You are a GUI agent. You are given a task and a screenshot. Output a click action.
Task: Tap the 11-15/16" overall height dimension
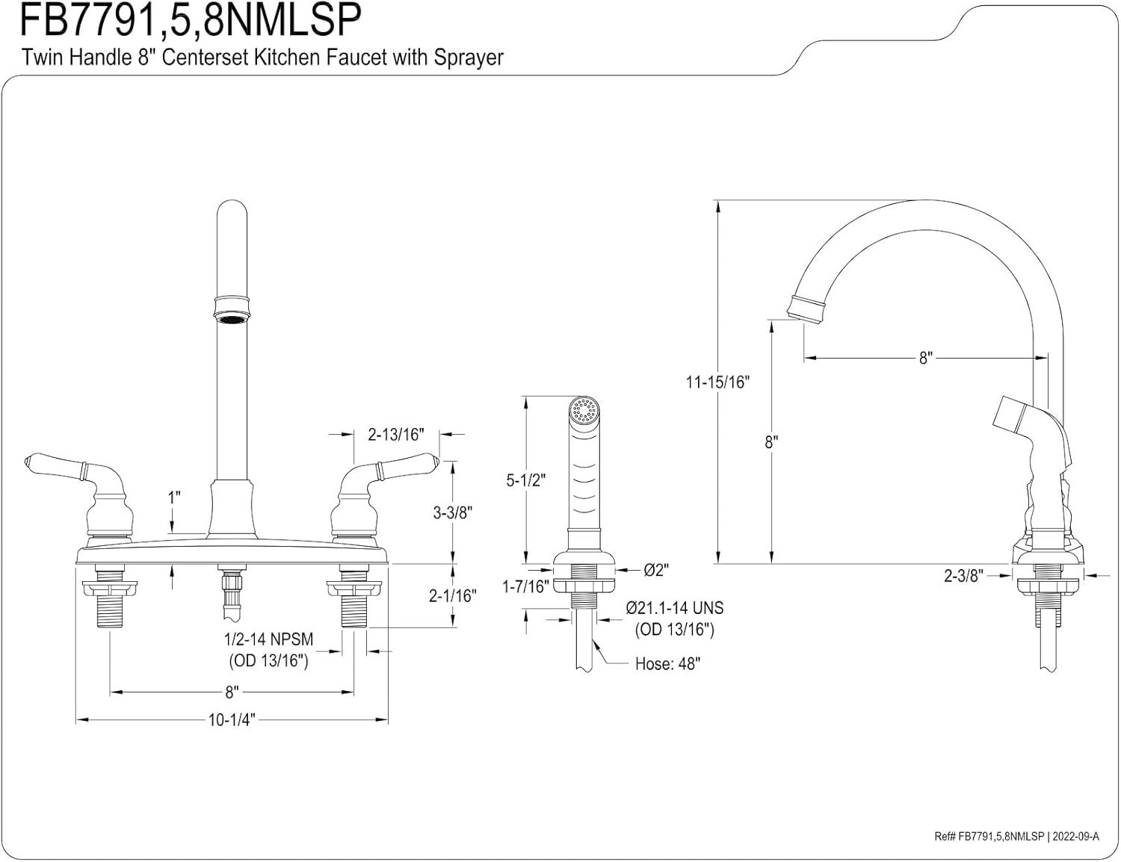717,382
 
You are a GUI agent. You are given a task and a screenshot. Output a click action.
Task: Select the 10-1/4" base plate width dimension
232,720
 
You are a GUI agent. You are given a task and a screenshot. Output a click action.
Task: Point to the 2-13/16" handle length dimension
396,434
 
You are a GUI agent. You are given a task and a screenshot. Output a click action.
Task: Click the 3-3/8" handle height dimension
453,512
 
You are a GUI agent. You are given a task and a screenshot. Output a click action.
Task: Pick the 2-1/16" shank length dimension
453,595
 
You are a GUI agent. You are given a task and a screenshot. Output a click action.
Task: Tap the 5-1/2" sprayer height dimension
526,480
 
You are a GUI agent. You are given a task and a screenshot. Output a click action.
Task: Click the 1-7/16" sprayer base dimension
526,587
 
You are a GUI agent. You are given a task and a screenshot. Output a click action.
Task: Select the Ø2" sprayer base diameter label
656,570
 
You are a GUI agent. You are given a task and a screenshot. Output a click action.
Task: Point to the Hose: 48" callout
667,663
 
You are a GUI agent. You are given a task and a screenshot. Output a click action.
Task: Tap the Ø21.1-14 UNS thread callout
674,609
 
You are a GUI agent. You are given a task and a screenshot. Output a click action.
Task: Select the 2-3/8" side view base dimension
962,575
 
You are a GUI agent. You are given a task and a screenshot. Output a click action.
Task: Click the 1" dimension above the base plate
174,497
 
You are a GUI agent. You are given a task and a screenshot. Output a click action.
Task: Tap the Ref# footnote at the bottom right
1016,837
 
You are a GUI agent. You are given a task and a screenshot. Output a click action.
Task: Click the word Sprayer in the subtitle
466,58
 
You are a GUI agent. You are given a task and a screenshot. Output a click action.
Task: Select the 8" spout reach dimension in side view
926,358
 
